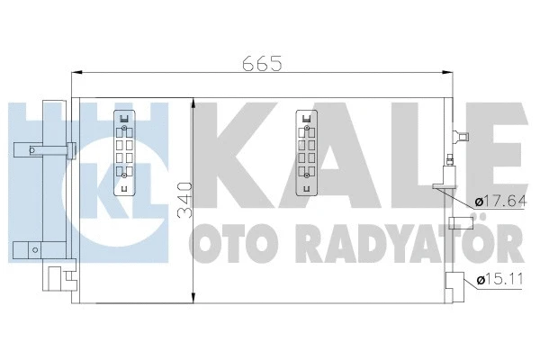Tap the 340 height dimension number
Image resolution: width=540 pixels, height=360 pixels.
click(184, 202)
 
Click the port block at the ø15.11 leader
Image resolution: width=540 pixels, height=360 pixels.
click(457, 281)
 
